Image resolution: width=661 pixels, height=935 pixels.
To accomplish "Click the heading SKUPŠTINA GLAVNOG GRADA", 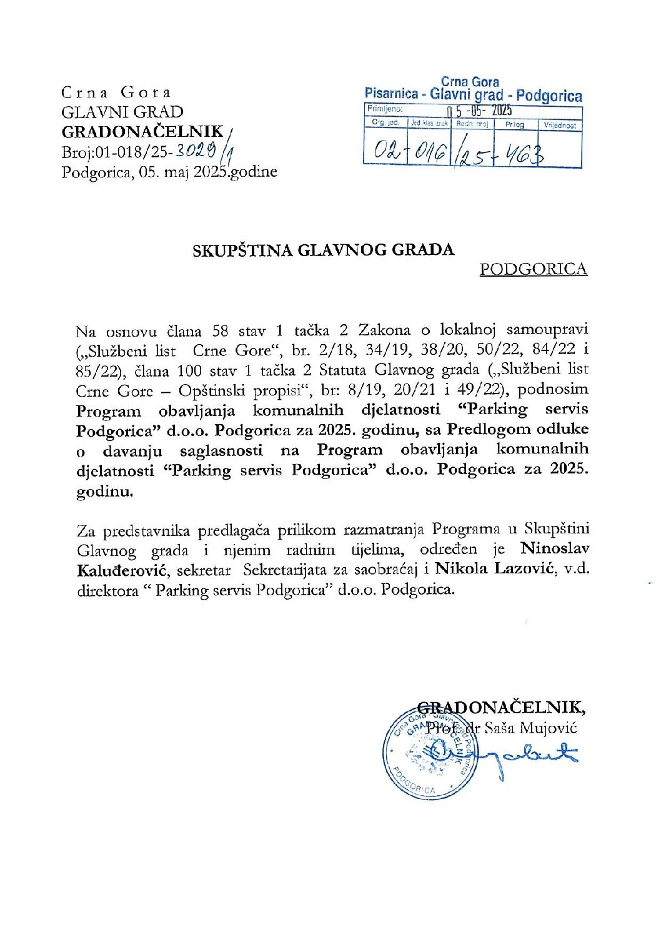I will click(x=323, y=250).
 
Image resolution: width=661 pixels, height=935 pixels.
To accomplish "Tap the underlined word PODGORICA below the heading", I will click(x=533, y=269).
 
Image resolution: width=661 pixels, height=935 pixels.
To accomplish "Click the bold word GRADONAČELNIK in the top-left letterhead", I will click(x=142, y=132).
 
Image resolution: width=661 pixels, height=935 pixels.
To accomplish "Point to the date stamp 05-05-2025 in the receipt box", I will click(x=479, y=111).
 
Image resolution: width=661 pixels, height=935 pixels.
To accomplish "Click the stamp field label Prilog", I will click(x=515, y=125).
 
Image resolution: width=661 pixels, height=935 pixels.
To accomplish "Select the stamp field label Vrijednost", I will click(x=559, y=125).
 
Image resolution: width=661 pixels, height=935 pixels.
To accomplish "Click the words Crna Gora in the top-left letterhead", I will click(x=116, y=92).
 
